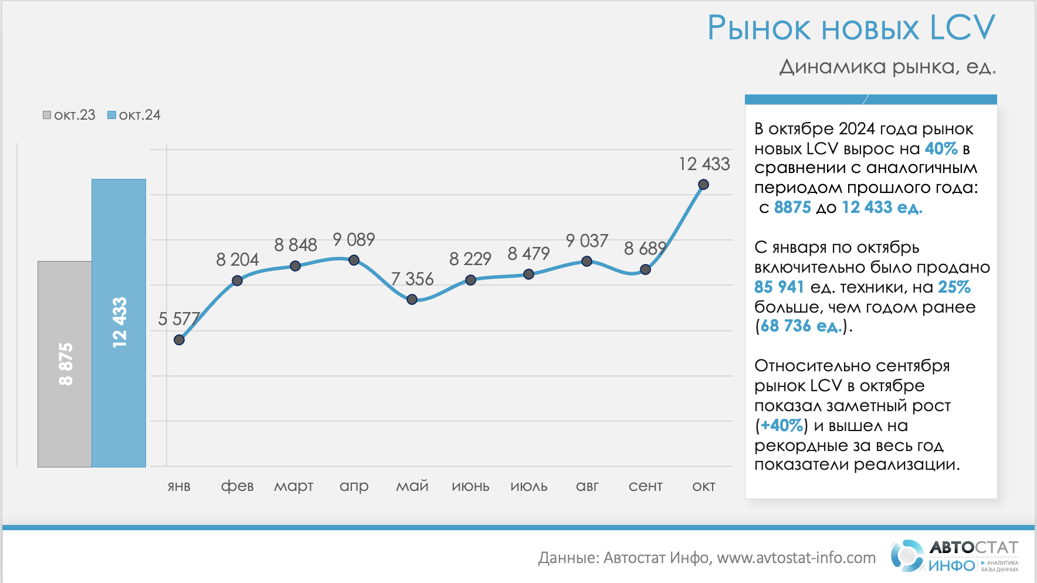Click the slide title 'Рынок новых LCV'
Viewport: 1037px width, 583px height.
[x=851, y=28]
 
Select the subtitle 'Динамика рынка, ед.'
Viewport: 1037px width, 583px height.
[x=887, y=67]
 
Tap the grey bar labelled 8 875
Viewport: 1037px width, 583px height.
[x=65, y=364]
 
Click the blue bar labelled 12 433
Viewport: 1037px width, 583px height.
[x=118, y=323]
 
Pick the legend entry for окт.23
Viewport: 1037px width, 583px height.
[x=69, y=115]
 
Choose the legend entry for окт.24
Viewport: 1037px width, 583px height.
[x=134, y=115]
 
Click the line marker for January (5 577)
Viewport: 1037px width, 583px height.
[x=179, y=340]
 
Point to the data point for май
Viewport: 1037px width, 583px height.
[x=412, y=299]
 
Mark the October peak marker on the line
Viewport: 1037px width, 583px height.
[x=703, y=185]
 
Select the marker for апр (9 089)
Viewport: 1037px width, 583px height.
[x=354, y=260]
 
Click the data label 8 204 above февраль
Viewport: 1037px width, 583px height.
[x=237, y=259]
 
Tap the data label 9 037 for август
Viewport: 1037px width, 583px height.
[x=587, y=240]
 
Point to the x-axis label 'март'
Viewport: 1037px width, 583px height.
[x=294, y=486]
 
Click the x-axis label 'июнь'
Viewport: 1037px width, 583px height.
[x=470, y=486]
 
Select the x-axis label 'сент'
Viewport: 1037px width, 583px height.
[x=645, y=486]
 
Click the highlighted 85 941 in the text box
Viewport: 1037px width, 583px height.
[x=779, y=287]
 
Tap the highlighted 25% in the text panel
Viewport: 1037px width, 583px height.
[x=954, y=287]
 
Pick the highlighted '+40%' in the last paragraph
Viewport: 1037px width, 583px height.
[x=781, y=425]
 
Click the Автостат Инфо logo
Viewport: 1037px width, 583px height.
[x=954, y=556]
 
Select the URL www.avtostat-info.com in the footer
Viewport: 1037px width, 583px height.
[x=796, y=558]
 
